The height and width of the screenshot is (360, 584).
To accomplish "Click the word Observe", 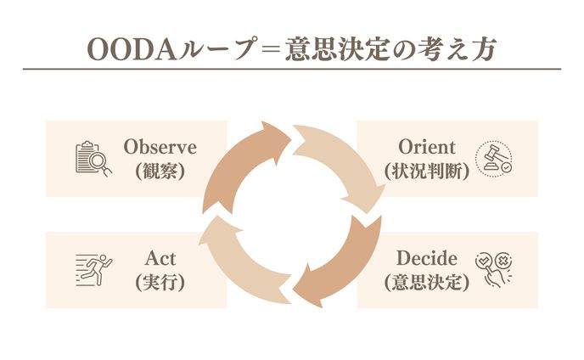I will pos(160,147).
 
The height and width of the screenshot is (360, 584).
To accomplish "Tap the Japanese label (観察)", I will pos(160,169).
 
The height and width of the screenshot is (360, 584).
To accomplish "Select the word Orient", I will pos(426,147).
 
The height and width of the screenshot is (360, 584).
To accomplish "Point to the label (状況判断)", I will pos(426,169).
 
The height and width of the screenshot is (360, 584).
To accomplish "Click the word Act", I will pos(160,258).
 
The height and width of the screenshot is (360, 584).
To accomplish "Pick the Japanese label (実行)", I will pos(160,281).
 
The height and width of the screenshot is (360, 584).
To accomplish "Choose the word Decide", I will pos(426,258).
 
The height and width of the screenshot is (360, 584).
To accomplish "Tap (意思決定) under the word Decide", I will pos(426,281).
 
